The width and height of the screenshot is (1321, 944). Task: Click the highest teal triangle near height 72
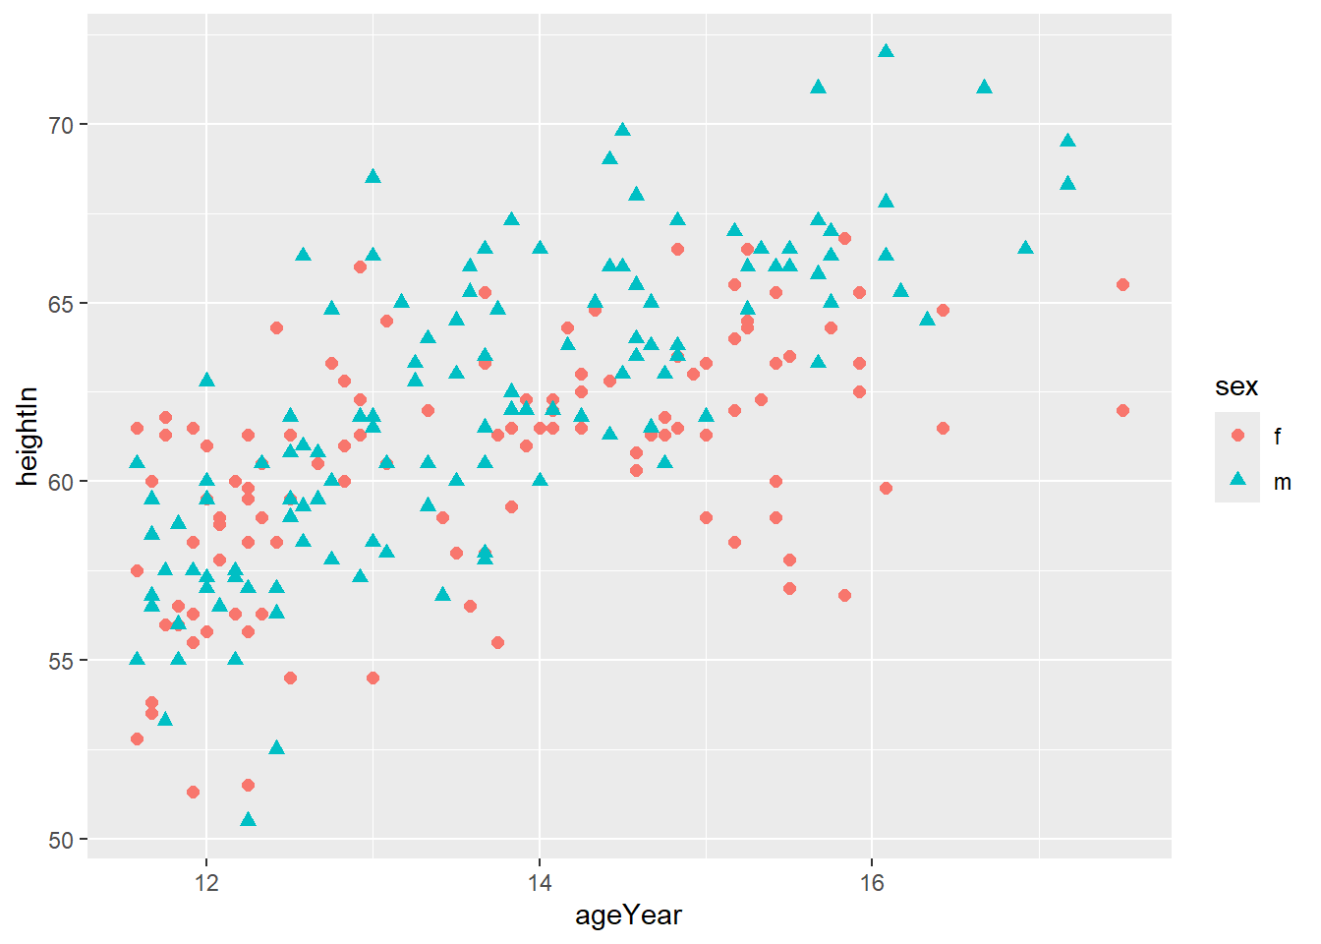[x=886, y=51]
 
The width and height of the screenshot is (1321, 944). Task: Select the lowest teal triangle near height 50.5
[x=248, y=820]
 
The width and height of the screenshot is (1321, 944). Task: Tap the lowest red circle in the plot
[x=193, y=792]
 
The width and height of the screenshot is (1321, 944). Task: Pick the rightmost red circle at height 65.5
[x=1122, y=285]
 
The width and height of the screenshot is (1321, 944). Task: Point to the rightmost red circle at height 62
[x=1122, y=410]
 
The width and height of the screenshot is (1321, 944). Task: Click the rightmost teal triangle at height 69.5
[x=1067, y=141]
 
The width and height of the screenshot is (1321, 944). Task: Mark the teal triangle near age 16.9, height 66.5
[x=1025, y=248]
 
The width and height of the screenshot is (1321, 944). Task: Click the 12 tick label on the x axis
[x=206, y=882]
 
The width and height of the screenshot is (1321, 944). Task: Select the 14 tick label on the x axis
[x=539, y=882]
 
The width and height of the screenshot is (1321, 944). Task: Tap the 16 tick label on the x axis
[x=872, y=882]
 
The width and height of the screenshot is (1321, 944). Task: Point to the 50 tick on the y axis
[x=61, y=840]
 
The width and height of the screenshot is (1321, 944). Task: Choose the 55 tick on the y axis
[x=61, y=661]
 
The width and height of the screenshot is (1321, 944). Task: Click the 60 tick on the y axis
[x=61, y=482]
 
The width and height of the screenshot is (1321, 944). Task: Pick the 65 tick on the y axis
[x=61, y=303]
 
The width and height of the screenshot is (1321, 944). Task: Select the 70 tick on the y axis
[x=61, y=125]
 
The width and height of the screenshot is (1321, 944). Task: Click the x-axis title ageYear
[x=628, y=915]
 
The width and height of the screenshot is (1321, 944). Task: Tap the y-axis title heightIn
[x=28, y=436]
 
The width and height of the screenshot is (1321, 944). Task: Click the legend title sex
[x=1235, y=386]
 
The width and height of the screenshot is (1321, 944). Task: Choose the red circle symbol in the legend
[x=1237, y=436]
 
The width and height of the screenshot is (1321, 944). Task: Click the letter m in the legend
[x=1282, y=482]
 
